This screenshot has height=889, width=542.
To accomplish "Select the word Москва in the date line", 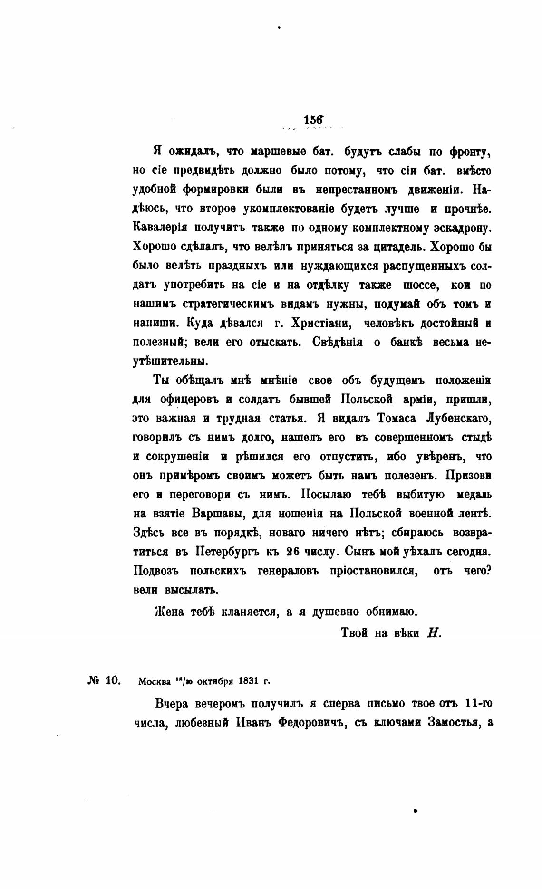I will point(154,681).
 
